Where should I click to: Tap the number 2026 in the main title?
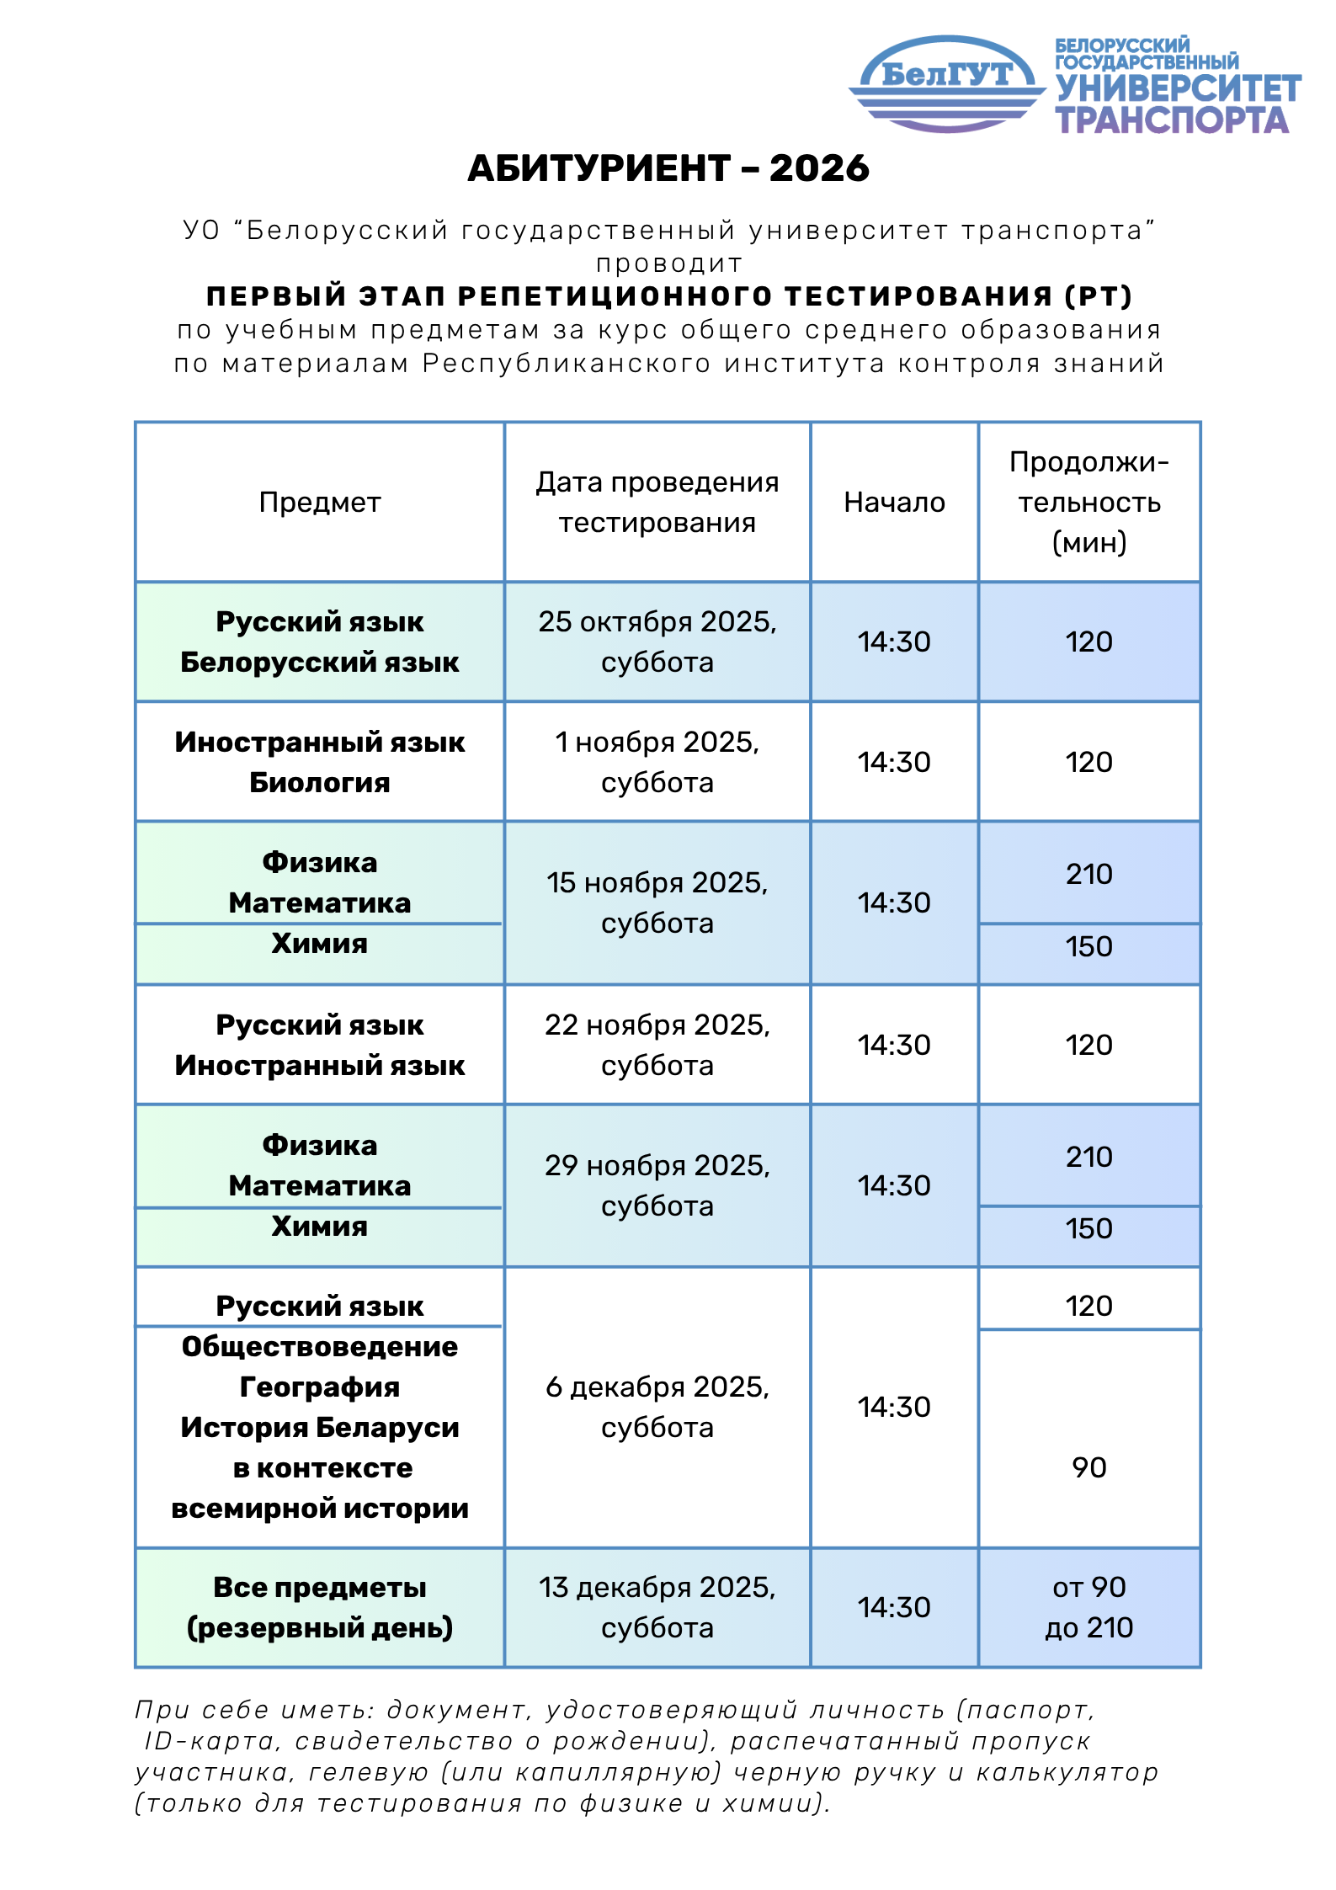coord(818,168)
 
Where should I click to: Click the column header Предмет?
coord(319,503)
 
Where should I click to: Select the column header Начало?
coord(894,503)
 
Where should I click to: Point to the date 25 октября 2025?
coord(657,622)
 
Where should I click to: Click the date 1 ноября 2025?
coord(657,743)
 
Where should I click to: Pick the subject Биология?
coord(319,783)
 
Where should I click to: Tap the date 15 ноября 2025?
coord(657,883)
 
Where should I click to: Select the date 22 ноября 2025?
coord(657,1025)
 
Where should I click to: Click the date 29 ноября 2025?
coord(657,1166)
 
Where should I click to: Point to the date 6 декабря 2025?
coord(657,1387)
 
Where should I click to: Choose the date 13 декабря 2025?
coord(657,1588)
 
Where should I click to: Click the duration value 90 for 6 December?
coord(1088,1468)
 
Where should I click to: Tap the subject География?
coord(319,1387)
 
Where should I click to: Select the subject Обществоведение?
coord(319,1347)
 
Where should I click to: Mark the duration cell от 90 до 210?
coord(1088,1608)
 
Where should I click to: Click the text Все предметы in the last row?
coord(319,1588)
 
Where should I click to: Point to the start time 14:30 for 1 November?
coord(894,763)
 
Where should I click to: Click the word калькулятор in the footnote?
coord(1067,1773)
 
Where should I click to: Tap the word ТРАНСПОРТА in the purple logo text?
coord(1172,120)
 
